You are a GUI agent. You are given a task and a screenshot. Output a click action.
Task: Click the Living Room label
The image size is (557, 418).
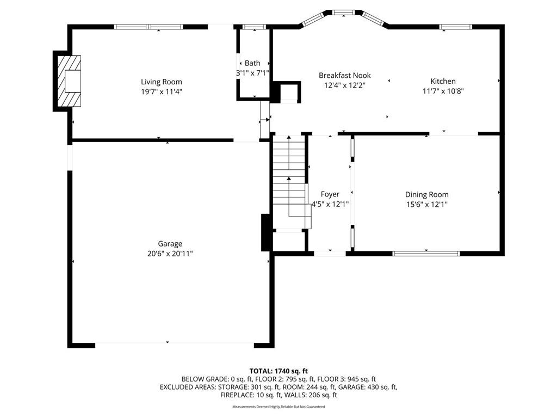[161, 82]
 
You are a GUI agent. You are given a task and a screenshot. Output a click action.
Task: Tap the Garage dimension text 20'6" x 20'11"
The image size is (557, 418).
[170, 254]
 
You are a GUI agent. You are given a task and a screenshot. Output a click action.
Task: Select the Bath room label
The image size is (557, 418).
[252, 63]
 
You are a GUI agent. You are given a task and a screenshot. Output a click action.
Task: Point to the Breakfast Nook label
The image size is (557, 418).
[344, 75]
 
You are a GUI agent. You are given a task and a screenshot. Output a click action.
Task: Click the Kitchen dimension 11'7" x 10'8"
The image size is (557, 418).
[443, 91]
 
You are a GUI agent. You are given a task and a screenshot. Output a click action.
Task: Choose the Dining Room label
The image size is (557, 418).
[426, 194]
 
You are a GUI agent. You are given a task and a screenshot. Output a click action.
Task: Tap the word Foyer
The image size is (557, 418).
[330, 194]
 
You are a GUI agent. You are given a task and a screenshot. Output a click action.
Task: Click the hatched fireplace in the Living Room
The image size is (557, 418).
[69, 81]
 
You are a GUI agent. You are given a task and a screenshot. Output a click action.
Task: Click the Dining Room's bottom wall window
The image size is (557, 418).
[426, 254]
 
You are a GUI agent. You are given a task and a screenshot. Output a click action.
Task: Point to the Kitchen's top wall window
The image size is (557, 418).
[456, 27]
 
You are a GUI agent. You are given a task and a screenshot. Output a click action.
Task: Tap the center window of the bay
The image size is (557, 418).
[344, 13]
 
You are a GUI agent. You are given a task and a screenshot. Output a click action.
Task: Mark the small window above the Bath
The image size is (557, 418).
[255, 27]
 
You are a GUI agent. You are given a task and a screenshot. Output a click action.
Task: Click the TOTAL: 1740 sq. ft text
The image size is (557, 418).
[278, 371]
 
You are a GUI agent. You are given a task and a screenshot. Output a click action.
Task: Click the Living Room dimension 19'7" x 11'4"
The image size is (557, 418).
[162, 91]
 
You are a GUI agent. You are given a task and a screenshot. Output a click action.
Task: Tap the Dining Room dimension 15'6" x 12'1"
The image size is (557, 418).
[427, 205]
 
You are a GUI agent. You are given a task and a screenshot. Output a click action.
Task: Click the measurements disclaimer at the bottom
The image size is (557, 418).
[278, 407]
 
